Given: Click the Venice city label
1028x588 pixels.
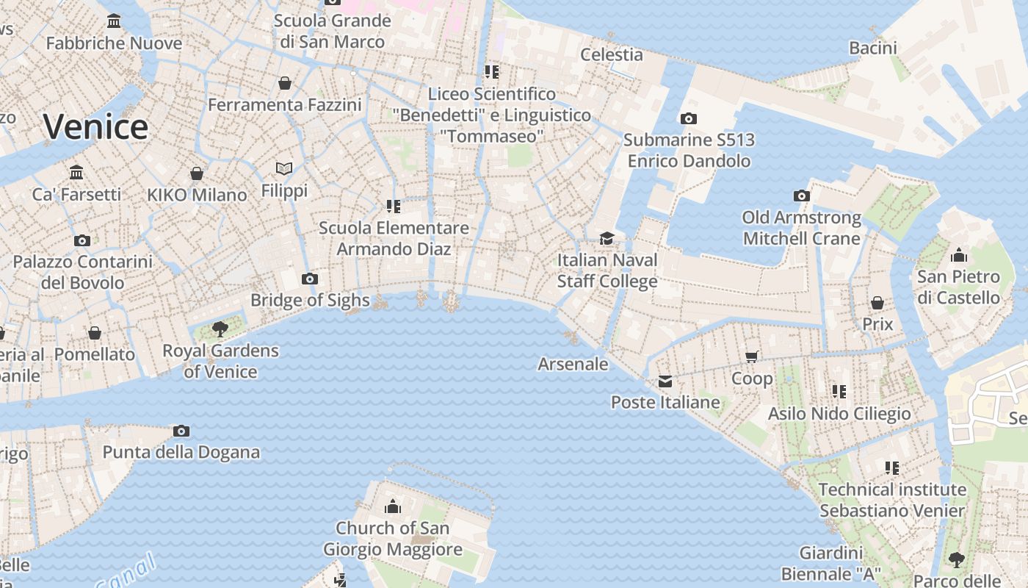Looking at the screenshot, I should point(96,126).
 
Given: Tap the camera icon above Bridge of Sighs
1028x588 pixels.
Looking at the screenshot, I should point(310,279).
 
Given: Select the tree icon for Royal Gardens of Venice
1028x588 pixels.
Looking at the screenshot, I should point(220,329).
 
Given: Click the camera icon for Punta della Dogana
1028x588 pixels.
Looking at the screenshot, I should point(181,431).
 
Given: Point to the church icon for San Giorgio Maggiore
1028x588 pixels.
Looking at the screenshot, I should point(393,506).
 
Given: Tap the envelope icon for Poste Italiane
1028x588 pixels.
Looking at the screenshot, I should point(665,381).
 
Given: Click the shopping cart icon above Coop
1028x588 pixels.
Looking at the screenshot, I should point(752,356).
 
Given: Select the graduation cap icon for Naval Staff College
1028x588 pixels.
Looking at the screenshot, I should point(607,238).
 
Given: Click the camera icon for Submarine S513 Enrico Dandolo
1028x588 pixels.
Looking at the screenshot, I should point(688,118).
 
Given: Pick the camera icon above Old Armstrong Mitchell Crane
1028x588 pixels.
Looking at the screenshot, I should point(801,196).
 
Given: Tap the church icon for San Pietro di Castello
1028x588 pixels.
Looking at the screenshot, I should point(958,255).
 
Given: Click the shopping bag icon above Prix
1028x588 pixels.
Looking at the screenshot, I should point(877,303).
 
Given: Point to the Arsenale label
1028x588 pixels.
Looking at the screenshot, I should point(573,364).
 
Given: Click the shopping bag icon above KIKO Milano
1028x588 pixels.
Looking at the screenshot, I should point(196,173).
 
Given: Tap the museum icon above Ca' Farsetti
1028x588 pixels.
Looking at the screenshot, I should point(76,173).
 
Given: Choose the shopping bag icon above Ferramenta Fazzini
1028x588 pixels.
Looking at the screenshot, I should point(285,83).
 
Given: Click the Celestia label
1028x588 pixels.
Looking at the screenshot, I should point(611,54).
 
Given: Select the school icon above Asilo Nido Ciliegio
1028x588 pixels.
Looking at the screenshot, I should point(839,392).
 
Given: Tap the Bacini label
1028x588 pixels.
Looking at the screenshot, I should point(873,49).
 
